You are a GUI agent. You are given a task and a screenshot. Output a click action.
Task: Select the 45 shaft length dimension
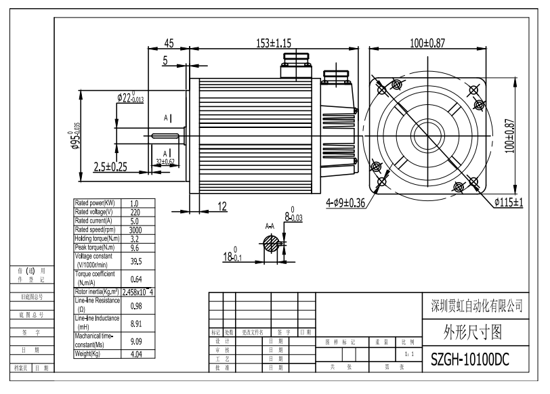pyautogui.click(x=168, y=43)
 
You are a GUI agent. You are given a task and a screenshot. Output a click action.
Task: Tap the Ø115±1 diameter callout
pyautogui.click(x=509, y=202)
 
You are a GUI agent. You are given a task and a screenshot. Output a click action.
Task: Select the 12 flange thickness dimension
pyautogui.click(x=222, y=206)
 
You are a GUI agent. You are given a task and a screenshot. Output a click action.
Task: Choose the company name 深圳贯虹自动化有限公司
pyautogui.click(x=476, y=305)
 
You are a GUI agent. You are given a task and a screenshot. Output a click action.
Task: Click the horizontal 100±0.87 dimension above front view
pyautogui.click(x=427, y=43)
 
